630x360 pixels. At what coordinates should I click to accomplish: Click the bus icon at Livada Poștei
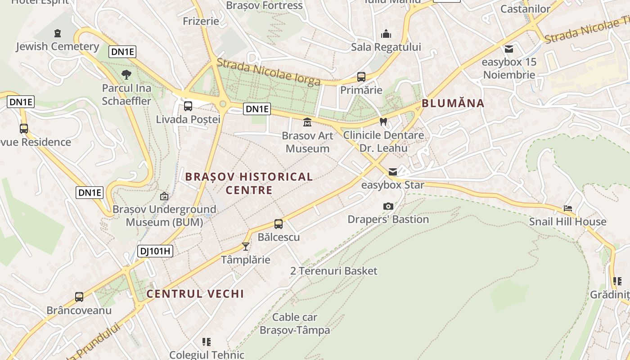[188, 106]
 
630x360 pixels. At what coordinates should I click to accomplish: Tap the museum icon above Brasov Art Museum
[307, 122]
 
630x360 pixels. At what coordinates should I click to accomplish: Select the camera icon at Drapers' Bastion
[388, 206]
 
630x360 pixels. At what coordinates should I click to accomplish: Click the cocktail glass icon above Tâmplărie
[245, 246]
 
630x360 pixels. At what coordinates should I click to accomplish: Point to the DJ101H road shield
[155, 251]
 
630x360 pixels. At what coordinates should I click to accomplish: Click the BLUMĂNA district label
[453, 103]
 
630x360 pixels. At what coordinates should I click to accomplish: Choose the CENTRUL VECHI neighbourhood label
[195, 294]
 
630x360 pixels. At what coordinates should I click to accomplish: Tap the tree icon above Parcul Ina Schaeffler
[126, 74]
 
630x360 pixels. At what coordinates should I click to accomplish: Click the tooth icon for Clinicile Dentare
[383, 121]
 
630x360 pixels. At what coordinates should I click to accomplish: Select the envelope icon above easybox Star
[393, 171]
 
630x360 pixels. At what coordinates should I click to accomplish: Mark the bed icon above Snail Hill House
[568, 208]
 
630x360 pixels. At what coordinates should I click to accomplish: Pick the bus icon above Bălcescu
[279, 224]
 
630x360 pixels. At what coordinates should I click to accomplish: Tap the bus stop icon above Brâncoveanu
[79, 297]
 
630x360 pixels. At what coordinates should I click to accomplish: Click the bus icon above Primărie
[361, 77]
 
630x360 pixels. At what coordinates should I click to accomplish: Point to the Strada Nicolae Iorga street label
[269, 72]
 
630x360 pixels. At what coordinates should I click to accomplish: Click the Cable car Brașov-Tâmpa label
[295, 324]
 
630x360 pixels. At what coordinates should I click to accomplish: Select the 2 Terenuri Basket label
[334, 271]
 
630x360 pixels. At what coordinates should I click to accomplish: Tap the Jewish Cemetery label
[58, 46]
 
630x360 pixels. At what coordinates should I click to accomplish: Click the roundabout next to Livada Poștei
[222, 104]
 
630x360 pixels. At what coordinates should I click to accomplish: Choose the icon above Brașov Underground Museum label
[164, 196]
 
